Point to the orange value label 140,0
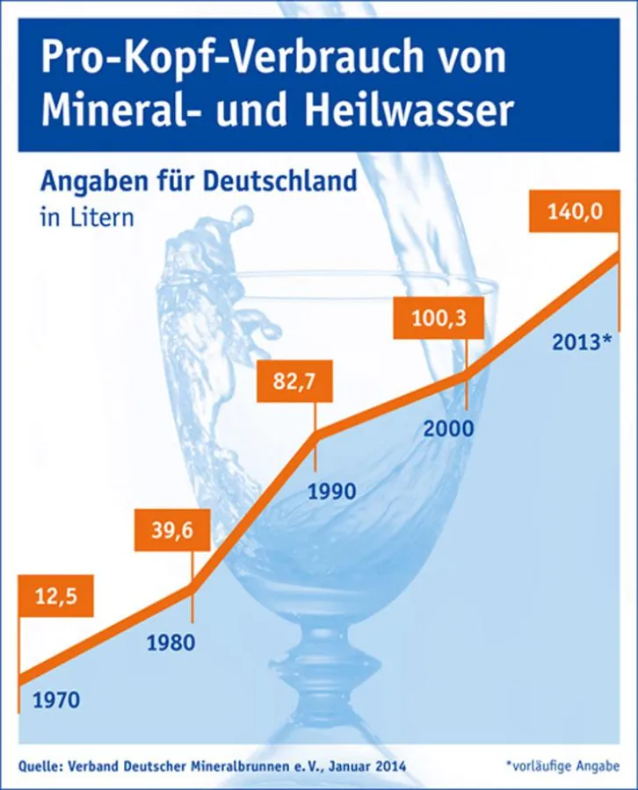(x=570, y=212)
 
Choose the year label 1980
(x=170, y=642)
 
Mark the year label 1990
(x=331, y=491)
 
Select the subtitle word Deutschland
(x=280, y=182)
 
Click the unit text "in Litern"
(x=87, y=217)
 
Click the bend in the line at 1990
(x=317, y=432)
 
